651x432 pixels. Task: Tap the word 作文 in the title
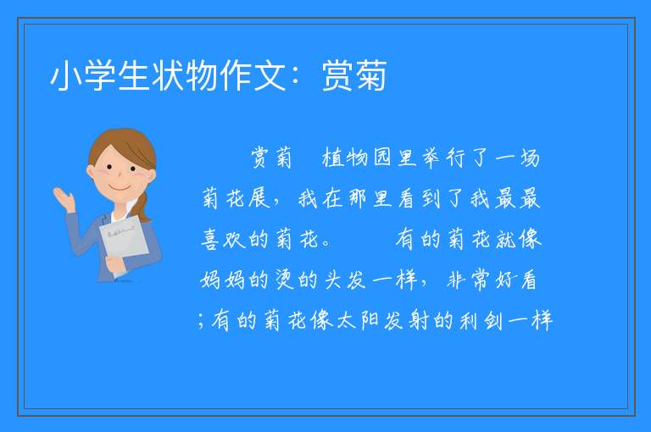pyautogui.click(x=253, y=75)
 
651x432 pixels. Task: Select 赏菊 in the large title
pyautogui.click(x=354, y=75)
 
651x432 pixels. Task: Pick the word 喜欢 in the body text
pyautogui.click(x=223, y=239)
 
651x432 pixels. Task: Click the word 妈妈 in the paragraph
pyautogui.click(x=223, y=280)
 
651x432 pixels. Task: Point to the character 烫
pyautogui.click(x=286, y=280)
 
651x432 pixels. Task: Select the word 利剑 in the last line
pyautogui.click(x=481, y=320)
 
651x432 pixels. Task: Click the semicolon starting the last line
pyautogui.click(x=202, y=321)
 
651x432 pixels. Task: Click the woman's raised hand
pyautogui.click(x=64, y=198)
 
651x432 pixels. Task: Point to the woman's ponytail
pyautogui.click(x=142, y=206)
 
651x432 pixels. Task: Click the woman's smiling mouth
pyautogui.click(x=120, y=189)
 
